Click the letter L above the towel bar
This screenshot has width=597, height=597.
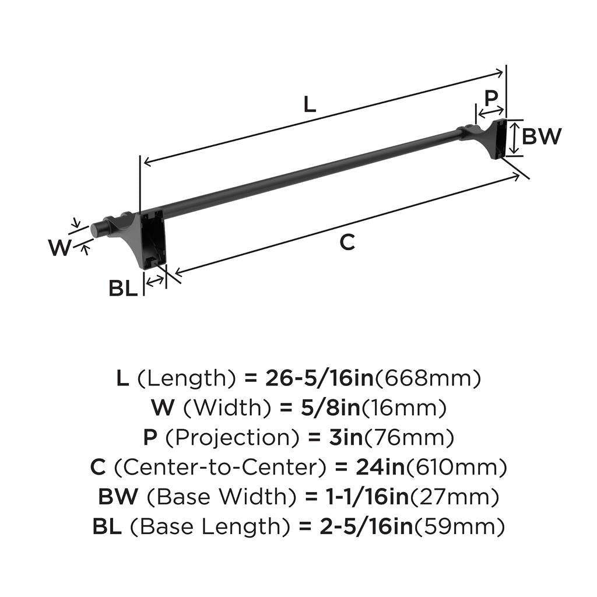click(x=310, y=104)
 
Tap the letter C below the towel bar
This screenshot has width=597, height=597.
click(x=347, y=242)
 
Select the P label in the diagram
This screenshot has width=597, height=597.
click(x=491, y=97)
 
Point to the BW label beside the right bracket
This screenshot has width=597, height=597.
click(x=541, y=136)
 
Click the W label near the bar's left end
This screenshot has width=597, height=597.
click(x=59, y=248)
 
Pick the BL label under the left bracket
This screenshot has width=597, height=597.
click(x=123, y=288)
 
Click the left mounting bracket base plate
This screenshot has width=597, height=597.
click(x=153, y=239)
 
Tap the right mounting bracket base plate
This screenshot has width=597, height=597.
click(x=500, y=139)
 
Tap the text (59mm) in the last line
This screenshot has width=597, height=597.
click(x=459, y=527)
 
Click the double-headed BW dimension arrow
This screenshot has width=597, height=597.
click(x=512, y=138)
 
